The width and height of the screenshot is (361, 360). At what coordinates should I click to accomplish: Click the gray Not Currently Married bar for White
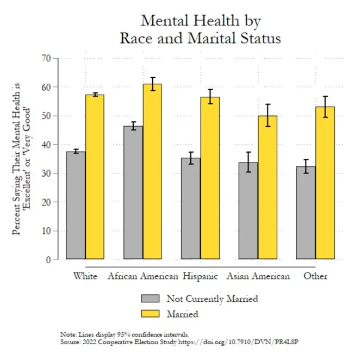point(76,205)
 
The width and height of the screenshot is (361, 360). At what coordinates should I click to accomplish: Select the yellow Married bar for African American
point(152,172)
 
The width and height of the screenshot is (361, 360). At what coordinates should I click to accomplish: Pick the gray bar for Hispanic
point(191,208)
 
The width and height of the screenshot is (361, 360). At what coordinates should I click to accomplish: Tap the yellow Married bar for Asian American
point(267,188)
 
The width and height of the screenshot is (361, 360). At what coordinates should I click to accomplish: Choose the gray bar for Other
point(306,213)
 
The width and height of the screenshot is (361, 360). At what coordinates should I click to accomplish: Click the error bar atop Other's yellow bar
point(325,107)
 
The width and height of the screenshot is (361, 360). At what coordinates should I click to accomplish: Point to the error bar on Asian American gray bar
point(248,162)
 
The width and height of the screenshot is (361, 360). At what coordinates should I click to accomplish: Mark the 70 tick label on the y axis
point(46,58)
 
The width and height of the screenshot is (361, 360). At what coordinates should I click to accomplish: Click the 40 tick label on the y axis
point(46,145)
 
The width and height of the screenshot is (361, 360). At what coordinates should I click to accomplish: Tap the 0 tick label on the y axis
point(48,260)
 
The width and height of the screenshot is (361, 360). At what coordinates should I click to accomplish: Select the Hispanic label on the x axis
point(200,276)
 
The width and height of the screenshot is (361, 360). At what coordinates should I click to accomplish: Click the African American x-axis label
point(143,276)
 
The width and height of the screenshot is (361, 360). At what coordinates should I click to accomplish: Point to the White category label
point(85,276)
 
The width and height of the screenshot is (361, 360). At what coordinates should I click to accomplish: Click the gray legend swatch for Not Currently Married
point(151,299)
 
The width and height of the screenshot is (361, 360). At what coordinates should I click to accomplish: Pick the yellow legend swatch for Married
point(151,314)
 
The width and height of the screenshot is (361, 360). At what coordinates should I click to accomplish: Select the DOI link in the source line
point(239,342)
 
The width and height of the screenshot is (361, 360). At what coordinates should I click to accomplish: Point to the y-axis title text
point(21,159)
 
